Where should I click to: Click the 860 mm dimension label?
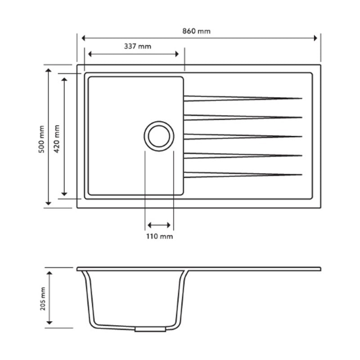pyautogui.click(x=196, y=31)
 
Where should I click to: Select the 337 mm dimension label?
pyautogui.click(x=137, y=46)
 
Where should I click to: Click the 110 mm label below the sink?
pyautogui.click(x=159, y=236)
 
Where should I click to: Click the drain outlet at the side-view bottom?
pyautogui.click(x=149, y=330)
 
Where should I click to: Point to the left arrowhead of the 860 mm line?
pyautogui.click(x=84, y=39)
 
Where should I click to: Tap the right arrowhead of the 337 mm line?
pyautogui.click(x=176, y=54)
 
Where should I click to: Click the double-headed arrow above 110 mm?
pyautogui.click(x=159, y=225)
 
